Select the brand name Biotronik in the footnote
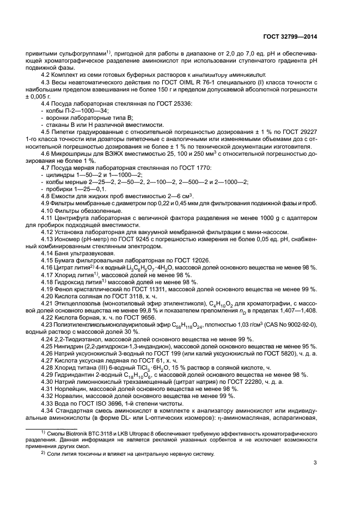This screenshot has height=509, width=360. [70, 431]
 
